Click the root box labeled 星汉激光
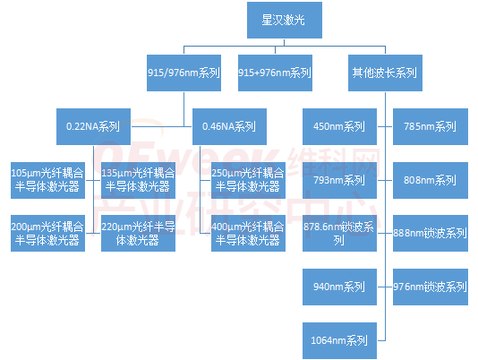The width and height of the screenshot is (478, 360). pyautogui.click(x=285, y=20)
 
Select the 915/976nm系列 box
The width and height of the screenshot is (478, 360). pyautogui.click(x=184, y=73)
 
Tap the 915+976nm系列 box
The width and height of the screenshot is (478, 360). pyautogui.click(x=275, y=73)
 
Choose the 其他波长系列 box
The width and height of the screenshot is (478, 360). pyautogui.click(x=385, y=73)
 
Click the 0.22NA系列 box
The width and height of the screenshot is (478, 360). pyautogui.click(x=94, y=126)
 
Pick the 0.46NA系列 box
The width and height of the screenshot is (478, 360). pyautogui.click(x=229, y=126)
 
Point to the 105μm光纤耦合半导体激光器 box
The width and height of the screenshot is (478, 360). pyautogui.click(x=47, y=180)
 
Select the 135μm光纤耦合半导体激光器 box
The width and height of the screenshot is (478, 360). pyautogui.click(x=138, y=180)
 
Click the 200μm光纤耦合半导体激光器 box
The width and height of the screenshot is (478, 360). pyautogui.click(x=47, y=234)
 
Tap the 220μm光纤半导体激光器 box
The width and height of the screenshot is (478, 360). pyautogui.click(x=138, y=234)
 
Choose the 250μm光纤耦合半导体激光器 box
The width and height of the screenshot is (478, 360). pyautogui.click(x=248, y=180)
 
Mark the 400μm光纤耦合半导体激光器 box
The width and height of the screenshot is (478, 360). pyautogui.click(x=248, y=234)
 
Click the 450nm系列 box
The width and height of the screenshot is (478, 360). pyautogui.click(x=339, y=126)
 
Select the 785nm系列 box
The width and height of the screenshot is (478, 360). pyautogui.click(x=431, y=126)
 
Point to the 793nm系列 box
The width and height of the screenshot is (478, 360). pyautogui.click(x=339, y=180)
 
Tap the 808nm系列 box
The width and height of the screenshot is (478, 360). pyautogui.click(x=431, y=180)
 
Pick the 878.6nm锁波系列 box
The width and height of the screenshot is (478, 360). pyautogui.click(x=339, y=234)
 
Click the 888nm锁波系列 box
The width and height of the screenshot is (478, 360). pyautogui.click(x=431, y=234)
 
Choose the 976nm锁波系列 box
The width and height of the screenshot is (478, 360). pyautogui.click(x=431, y=287)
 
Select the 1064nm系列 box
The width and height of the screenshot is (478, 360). pyautogui.click(x=339, y=341)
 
